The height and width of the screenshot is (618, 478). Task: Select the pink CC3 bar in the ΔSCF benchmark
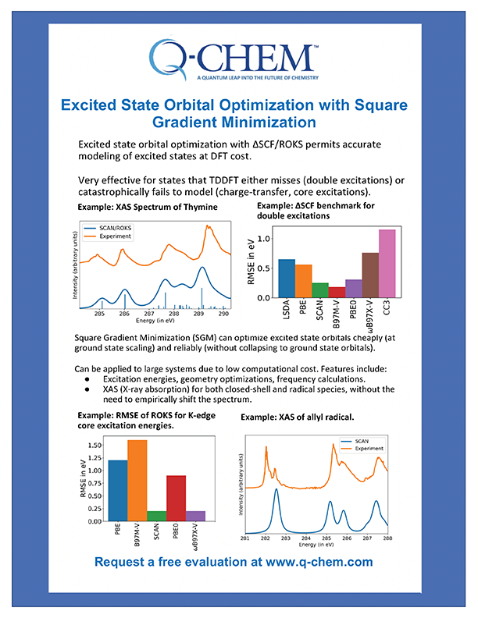(x=387, y=264)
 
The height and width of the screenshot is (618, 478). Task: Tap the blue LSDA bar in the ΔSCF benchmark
(x=287, y=279)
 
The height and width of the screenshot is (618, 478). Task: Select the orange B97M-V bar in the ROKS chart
(x=137, y=480)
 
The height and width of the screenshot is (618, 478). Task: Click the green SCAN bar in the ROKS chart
(x=156, y=515)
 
